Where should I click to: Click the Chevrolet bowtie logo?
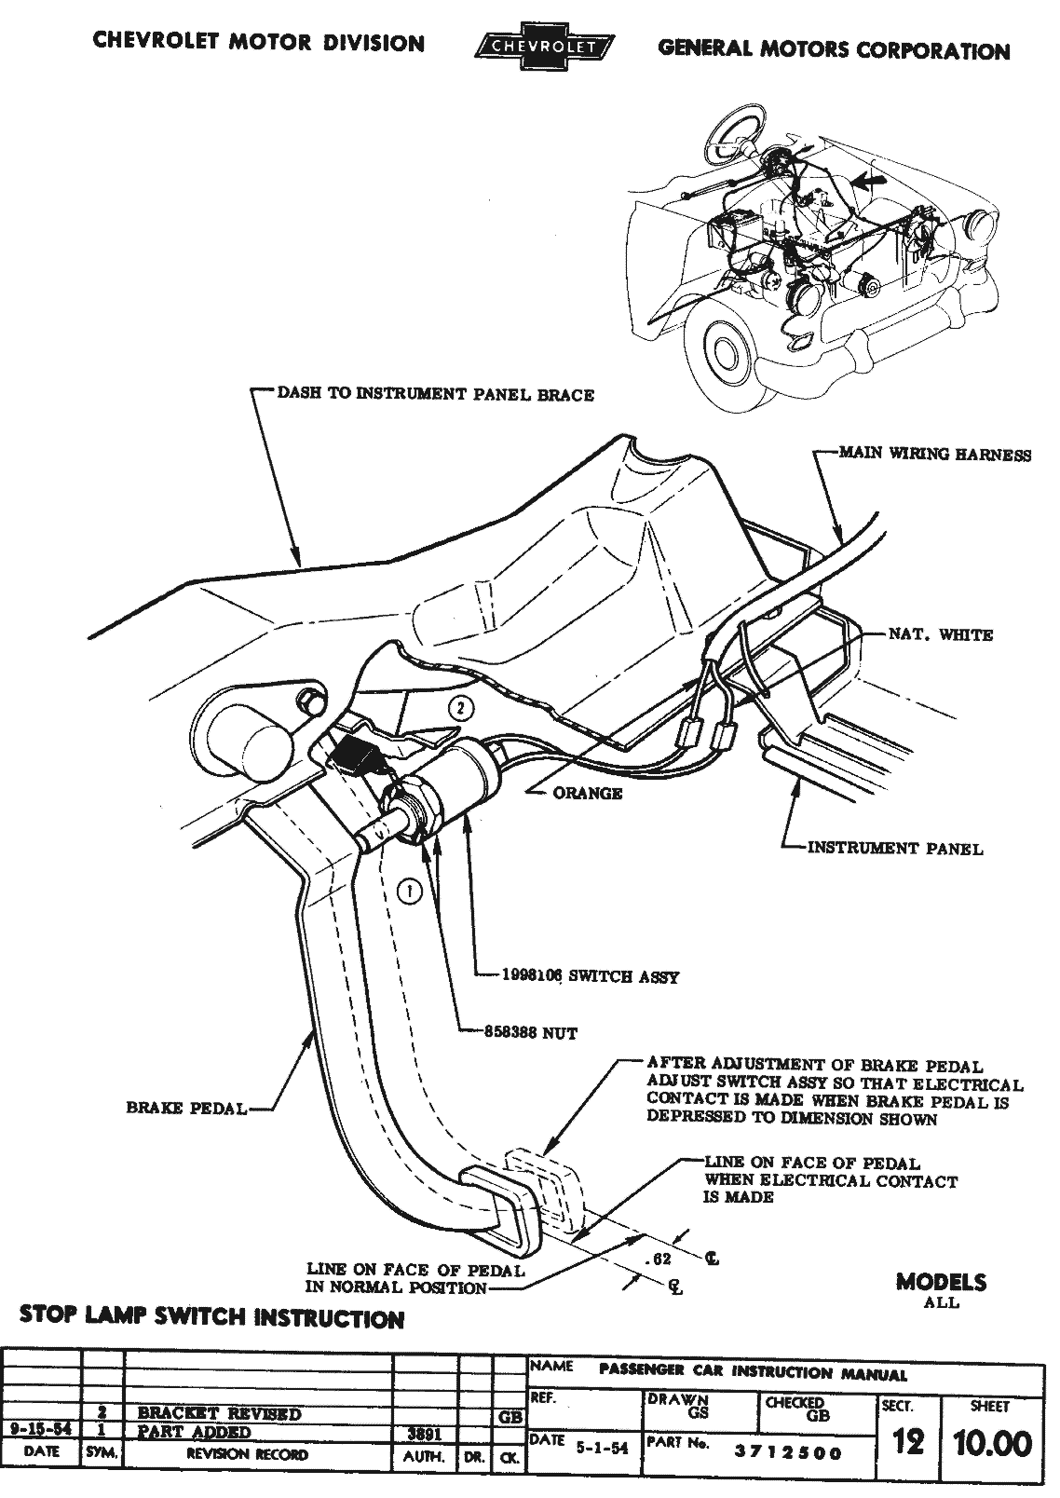pos(544,47)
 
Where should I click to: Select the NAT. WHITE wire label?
pos(940,635)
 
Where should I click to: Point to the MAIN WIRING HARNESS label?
pos(935,455)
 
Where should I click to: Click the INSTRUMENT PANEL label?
pos(894,849)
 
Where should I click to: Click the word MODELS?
pos(941,1282)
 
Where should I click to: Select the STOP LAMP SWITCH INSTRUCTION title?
pos(211,1319)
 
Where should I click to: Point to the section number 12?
pos(908,1443)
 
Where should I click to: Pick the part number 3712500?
pos(786,1452)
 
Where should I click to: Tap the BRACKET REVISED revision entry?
pos(219,1413)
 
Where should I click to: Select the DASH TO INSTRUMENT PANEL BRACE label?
pos(435,394)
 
